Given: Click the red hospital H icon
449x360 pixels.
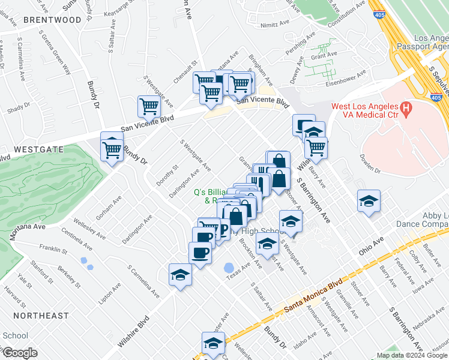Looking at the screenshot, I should tap(406, 109).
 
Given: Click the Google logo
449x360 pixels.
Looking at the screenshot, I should tap(20, 353).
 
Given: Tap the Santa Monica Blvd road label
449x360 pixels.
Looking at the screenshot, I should tap(313, 298).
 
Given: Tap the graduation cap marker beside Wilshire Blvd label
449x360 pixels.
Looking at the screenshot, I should tap(179, 275).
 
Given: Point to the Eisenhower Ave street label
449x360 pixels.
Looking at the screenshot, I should tap(345, 81).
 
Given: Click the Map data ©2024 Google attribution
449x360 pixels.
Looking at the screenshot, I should tap(412, 355).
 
